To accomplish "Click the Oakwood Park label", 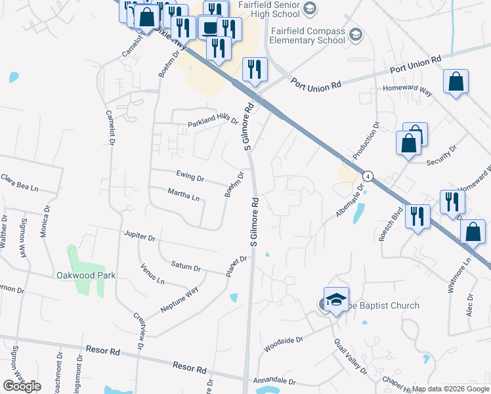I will click(x=85, y=276).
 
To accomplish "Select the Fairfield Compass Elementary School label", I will click(x=309, y=35).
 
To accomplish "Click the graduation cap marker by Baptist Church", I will click(x=336, y=300).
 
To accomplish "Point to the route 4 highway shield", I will click(x=369, y=176).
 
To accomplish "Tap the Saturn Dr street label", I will click(x=186, y=267).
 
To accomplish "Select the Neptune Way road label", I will click(x=179, y=299).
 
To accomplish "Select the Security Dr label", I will click(x=440, y=158).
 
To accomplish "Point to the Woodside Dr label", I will click(x=283, y=344).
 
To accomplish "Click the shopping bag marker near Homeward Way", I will click(x=456, y=83).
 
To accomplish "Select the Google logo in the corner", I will click(x=22, y=386).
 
